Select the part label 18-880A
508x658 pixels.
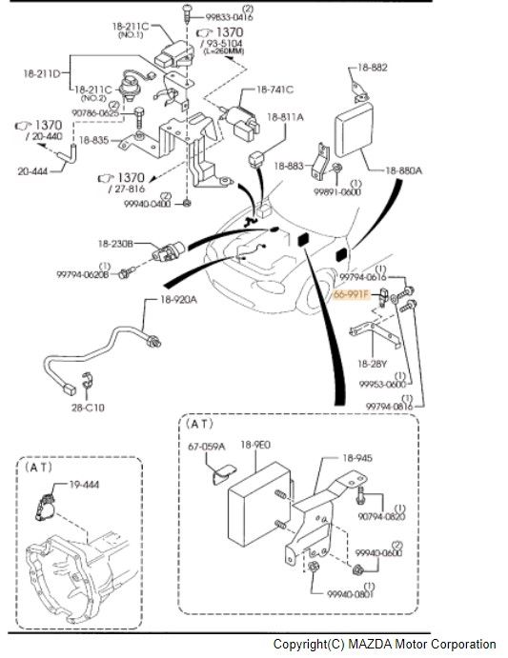pyautogui.click(x=404, y=169)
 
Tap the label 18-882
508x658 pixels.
pyautogui.click(x=373, y=68)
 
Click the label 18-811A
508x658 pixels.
pyautogui.click(x=285, y=117)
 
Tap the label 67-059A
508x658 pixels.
pyautogui.click(x=206, y=446)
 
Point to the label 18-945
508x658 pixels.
pyautogui.click(x=356, y=458)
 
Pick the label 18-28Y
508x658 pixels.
pyautogui.click(x=370, y=364)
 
